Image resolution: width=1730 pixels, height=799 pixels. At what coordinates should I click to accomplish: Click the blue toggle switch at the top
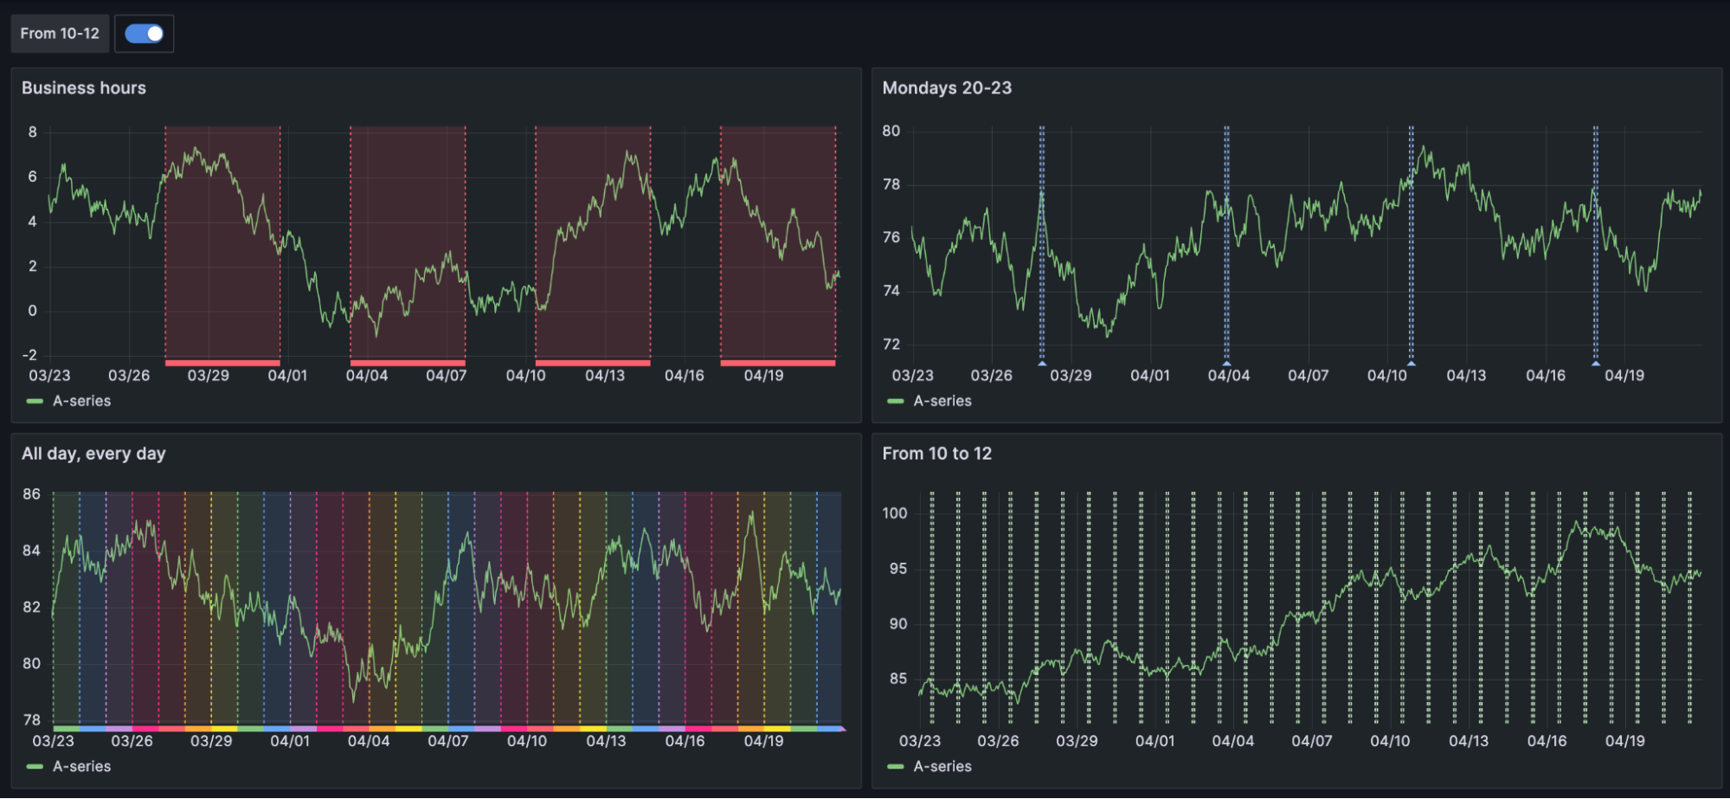pyautogui.click(x=144, y=34)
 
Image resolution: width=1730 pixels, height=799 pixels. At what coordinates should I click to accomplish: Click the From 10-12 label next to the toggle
pyautogui.click(x=60, y=34)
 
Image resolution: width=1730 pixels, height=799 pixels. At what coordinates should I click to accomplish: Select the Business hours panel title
pyautogui.click(x=84, y=88)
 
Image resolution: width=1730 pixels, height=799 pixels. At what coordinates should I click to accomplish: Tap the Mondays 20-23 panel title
pyautogui.click(x=947, y=88)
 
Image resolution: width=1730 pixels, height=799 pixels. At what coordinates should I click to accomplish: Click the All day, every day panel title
pyautogui.click(x=93, y=454)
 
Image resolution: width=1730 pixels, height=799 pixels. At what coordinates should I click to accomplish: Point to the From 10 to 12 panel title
pyautogui.click(x=936, y=454)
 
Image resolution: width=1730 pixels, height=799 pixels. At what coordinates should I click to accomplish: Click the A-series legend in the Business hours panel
pyautogui.click(x=81, y=401)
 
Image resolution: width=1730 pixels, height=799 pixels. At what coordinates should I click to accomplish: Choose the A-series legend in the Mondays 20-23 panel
pyautogui.click(x=942, y=401)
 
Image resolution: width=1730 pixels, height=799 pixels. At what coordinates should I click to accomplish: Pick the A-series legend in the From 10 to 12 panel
pyautogui.click(x=942, y=766)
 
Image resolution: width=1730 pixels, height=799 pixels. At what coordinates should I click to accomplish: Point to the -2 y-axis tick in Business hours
pyautogui.click(x=30, y=355)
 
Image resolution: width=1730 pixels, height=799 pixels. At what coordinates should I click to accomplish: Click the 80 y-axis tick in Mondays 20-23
pyautogui.click(x=891, y=131)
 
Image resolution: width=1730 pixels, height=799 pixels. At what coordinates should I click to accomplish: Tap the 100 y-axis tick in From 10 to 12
pyautogui.click(x=894, y=513)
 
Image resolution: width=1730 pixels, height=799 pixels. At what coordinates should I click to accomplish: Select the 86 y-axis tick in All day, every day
pyautogui.click(x=31, y=494)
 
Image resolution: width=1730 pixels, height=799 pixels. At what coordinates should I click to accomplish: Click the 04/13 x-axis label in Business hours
pyautogui.click(x=604, y=376)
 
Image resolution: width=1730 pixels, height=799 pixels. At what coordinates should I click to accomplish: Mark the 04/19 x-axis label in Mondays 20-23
pyautogui.click(x=1624, y=376)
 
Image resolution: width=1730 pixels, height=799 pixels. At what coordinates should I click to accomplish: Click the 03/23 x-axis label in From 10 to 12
pyautogui.click(x=919, y=741)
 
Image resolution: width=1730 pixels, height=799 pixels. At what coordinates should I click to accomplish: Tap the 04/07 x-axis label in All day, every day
pyautogui.click(x=447, y=741)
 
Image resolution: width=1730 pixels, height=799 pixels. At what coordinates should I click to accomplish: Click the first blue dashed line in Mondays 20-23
pyautogui.click(x=1042, y=242)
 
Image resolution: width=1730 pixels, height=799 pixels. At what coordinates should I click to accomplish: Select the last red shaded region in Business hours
pyautogui.click(x=777, y=242)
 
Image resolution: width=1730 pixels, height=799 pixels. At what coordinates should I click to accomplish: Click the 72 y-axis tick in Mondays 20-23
pyautogui.click(x=891, y=345)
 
